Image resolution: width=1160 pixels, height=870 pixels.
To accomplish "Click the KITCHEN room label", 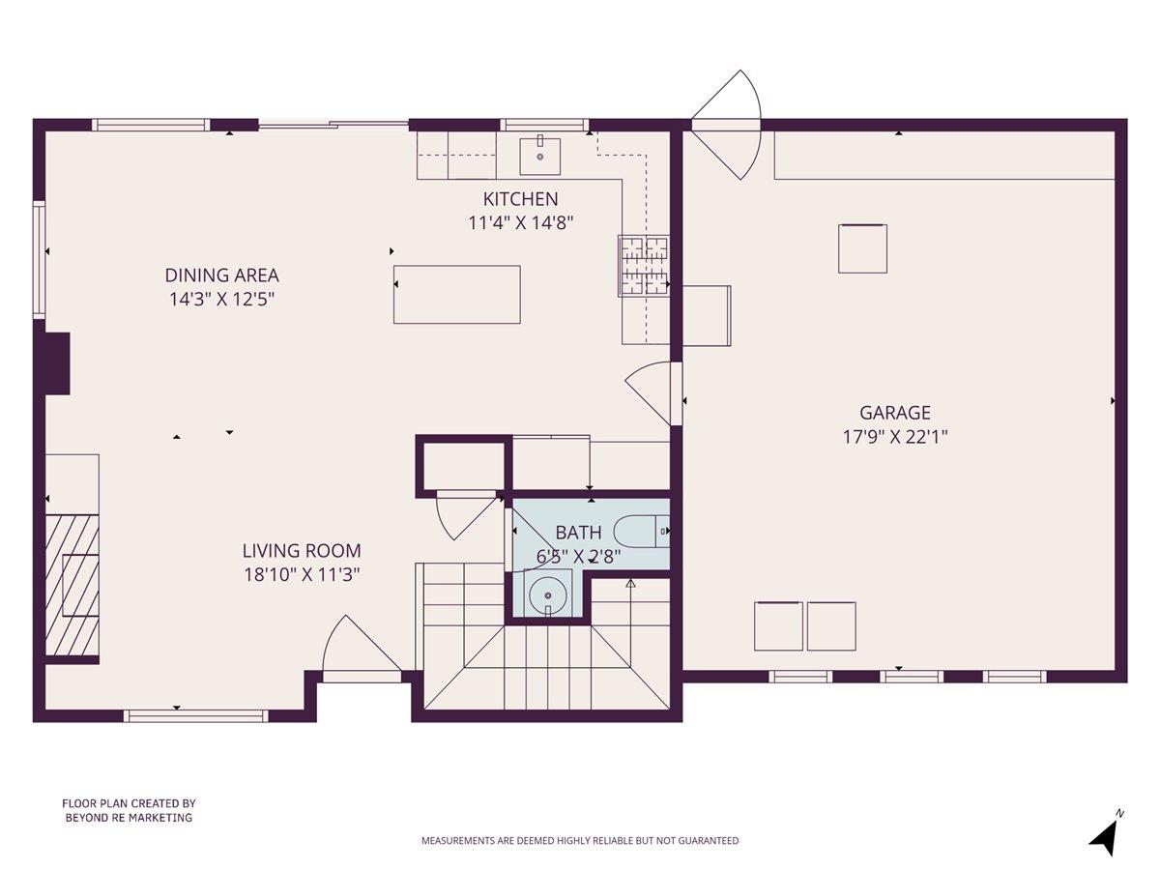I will point(520,199).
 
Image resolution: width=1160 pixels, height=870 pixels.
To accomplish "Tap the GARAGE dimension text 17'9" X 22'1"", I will point(894,436).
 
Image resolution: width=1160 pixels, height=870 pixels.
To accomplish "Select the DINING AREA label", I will point(221,275).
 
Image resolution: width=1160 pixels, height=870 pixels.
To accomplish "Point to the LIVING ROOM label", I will point(301,551).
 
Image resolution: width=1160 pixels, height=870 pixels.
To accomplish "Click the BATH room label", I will point(578,533).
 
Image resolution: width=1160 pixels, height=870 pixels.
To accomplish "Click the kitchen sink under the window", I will point(539,153).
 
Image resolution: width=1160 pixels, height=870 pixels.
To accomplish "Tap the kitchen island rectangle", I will point(456,295).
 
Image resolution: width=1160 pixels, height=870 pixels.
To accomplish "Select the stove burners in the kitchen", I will point(644,265).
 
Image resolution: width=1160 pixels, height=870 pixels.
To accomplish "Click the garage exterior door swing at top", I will point(728,124).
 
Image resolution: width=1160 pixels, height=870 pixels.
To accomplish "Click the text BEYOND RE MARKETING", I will point(129,818).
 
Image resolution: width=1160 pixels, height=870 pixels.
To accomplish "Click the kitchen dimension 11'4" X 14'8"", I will point(520,221).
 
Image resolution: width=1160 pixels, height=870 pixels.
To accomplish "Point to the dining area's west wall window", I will point(40,259).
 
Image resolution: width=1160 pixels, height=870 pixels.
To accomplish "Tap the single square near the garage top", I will point(861,248).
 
